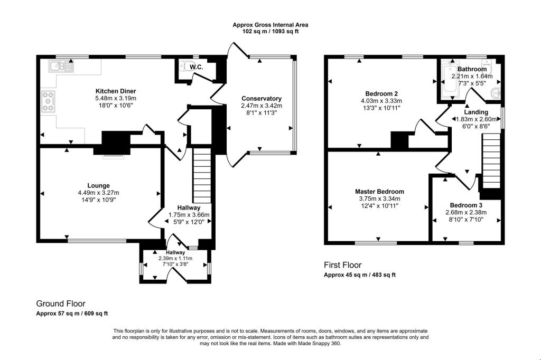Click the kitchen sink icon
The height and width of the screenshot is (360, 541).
[62, 67]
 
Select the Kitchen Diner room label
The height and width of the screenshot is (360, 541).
[115, 91]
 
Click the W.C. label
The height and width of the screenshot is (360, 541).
[197, 67]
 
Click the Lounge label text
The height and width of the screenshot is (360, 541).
[98, 185]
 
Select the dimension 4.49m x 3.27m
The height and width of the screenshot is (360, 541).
[98, 193]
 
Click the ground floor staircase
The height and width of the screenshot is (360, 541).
[202, 172]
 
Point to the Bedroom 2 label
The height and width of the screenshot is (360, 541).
[381, 93]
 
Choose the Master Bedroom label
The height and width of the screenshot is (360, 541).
[379, 192]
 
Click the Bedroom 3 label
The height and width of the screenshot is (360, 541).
[466, 205]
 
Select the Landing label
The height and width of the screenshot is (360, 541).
[476, 112]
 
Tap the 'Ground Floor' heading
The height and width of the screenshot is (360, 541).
[60, 304]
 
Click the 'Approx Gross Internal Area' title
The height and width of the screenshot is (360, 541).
[270, 25]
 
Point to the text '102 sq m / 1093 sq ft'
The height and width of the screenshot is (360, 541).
[270, 32]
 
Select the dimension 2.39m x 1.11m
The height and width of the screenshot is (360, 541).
[176, 259]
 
